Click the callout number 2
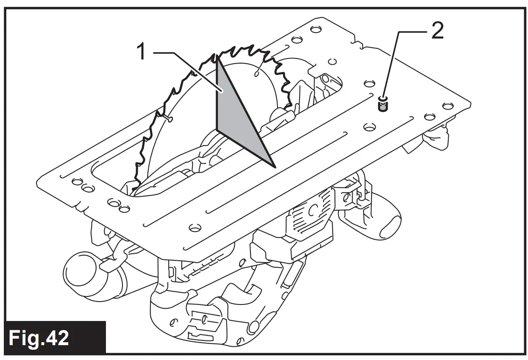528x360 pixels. (x=437, y=31)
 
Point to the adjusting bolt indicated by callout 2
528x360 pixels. (x=383, y=104)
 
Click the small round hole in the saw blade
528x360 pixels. (x=256, y=74)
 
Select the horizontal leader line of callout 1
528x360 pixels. (x=170, y=53)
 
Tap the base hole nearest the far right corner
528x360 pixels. (x=446, y=105)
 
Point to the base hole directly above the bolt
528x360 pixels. (x=369, y=81)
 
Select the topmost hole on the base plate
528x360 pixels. (x=315, y=29)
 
